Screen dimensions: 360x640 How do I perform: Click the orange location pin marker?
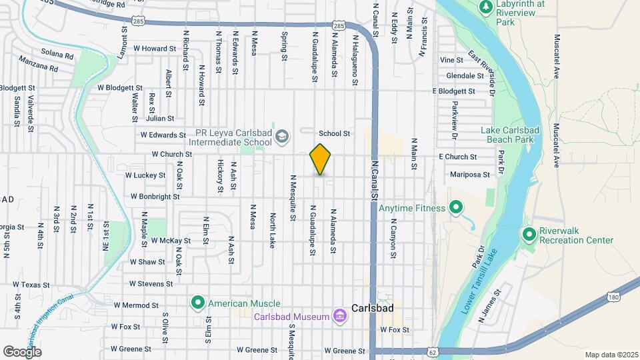[x=321, y=159]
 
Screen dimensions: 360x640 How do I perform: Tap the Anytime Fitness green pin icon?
[x=456, y=208]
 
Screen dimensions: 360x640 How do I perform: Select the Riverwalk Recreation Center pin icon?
[x=529, y=235]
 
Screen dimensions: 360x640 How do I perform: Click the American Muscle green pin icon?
[x=198, y=303]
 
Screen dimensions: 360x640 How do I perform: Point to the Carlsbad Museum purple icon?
[x=340, y=315]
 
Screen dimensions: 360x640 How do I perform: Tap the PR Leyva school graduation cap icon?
[x=283, y=137]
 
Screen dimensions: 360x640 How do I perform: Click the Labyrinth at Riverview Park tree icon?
[x=486, y=7]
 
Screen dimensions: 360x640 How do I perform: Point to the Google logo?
[x=22, y=351]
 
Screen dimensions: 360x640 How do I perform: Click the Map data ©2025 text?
[x=611, y=355]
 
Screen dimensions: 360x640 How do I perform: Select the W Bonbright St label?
[x=155, y=197]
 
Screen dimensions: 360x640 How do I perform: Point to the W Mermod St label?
[x=136, y=305]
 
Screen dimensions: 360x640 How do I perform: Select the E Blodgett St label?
[x=453, y=91]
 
